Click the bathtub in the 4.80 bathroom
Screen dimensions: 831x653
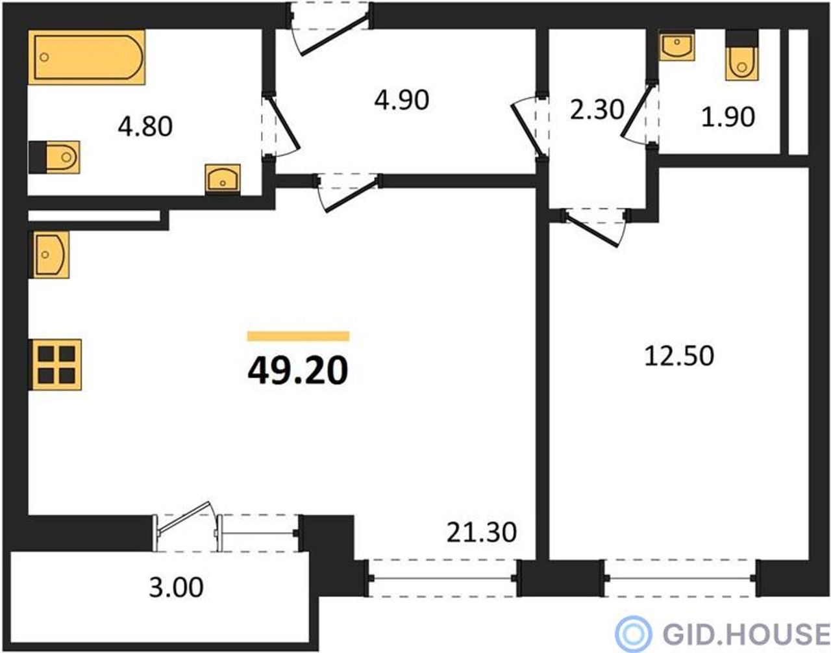87,57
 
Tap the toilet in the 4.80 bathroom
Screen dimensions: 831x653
55,157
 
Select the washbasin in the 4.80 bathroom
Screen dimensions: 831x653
223,180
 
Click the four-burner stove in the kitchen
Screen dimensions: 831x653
56,365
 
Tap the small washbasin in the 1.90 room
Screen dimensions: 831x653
677,47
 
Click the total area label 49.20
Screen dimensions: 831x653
298,371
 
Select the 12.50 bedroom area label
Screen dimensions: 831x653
679,356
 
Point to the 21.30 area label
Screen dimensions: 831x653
482,533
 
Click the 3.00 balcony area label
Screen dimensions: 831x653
176,588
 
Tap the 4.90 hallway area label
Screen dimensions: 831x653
401,101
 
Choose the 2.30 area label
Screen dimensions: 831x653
597,110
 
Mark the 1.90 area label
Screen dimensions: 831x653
728,117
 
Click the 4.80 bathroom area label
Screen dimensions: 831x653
145,127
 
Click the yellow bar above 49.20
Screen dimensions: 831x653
298,336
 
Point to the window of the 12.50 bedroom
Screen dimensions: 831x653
680,578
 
